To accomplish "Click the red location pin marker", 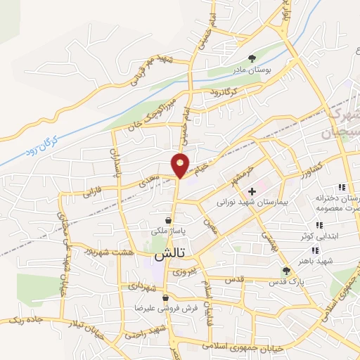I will pos(181,165).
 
